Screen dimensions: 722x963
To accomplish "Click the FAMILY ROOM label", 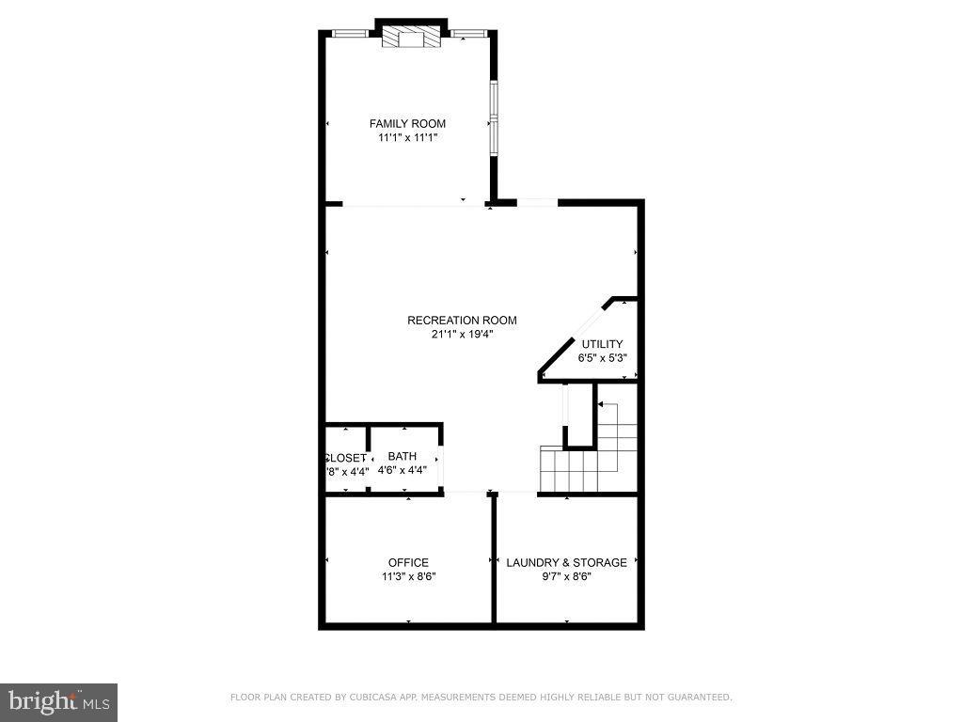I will point(407,123).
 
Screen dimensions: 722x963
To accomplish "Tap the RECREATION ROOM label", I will point(462,321).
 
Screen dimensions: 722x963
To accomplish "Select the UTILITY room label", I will point(602,344).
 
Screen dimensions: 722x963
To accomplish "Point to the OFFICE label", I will point(408,563).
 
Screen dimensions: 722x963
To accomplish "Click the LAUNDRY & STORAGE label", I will point(566,563).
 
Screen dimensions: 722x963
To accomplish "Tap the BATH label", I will point(402,457).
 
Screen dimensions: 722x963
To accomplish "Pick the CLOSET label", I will point(346,458).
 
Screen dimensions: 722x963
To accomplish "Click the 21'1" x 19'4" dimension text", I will point(462,334).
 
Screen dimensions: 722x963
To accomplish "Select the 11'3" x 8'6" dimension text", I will point(408,576).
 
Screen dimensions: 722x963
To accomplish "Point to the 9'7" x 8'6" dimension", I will point(566,576).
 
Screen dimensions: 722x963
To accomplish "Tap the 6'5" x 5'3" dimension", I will point(602,357).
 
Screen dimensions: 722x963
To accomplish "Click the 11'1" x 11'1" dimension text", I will point(407,137).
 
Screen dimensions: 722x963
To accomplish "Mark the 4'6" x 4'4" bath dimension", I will point(402,470).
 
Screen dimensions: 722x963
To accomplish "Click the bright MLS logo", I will point(58,701).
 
